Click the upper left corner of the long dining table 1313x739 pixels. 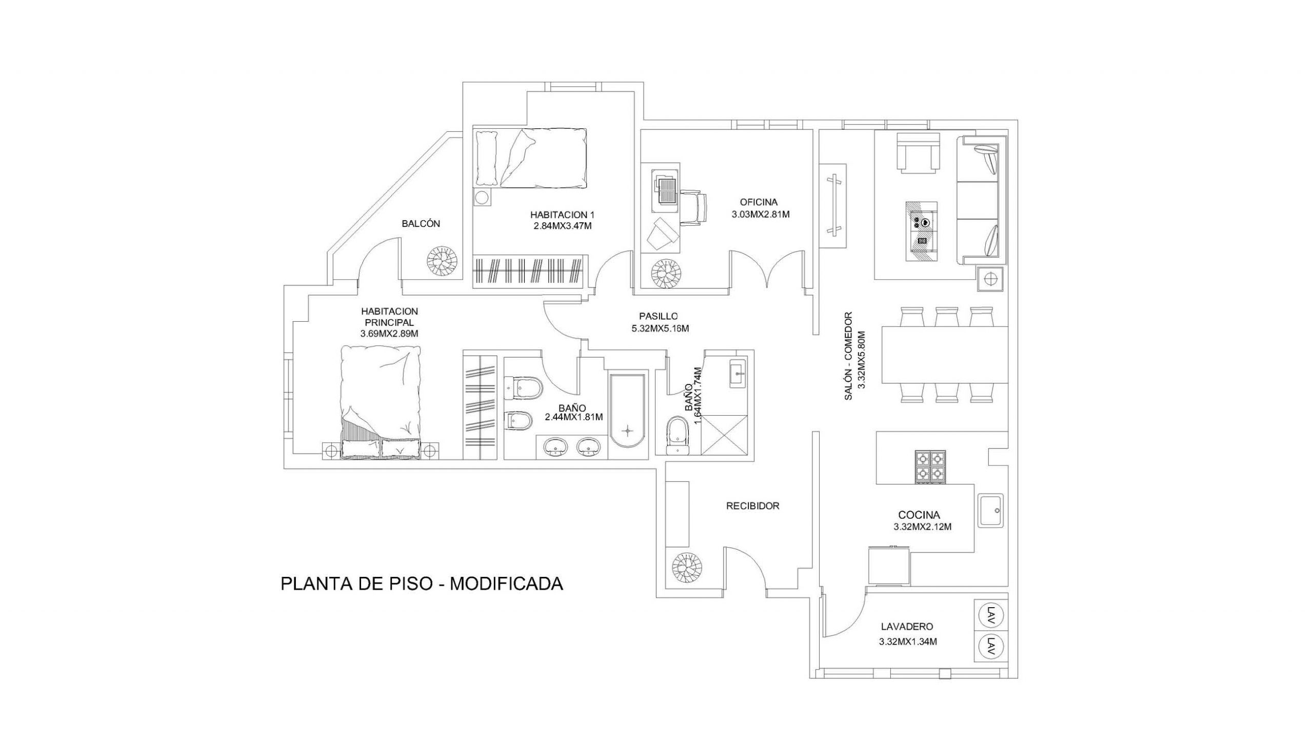pos(882,326)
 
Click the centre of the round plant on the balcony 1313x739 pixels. pos(441,262)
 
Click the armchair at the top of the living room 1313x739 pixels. pos(918,151)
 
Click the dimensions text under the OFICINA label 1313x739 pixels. pos(761,215)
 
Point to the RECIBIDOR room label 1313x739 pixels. pos(753,506)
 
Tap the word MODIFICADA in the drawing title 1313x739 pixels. pos(506,584)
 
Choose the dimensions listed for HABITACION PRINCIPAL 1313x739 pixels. pos(390,334)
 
